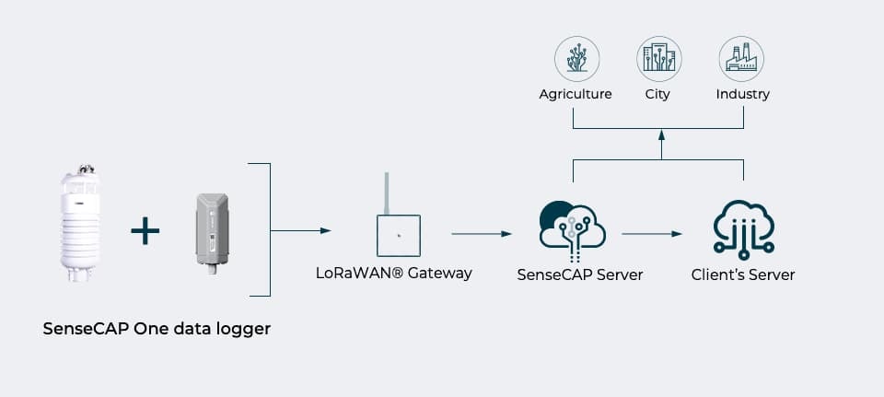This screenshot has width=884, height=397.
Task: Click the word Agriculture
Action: point(576,94)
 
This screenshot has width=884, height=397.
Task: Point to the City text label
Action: point(657,94)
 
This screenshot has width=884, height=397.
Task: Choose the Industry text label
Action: point(742,94)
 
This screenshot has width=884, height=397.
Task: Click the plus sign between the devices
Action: point(145,230)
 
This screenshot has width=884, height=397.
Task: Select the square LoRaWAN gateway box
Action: point(398,236)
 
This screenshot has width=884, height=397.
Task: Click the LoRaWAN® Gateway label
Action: point(393,273)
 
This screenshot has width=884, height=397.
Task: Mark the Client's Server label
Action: point(743,274)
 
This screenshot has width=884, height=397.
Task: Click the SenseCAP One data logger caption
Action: point(157,328)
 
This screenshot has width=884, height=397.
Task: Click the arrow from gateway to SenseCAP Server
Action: point(480,234)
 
